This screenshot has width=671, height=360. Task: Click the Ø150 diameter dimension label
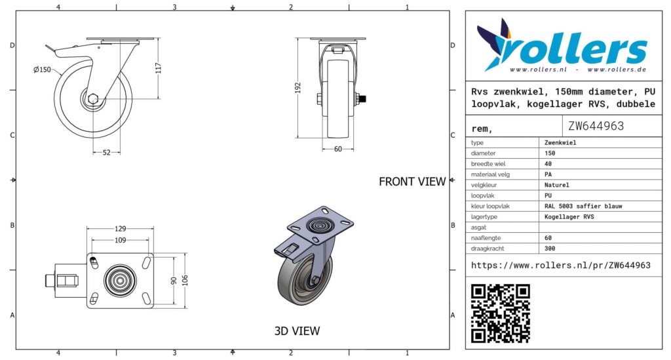[42, 70]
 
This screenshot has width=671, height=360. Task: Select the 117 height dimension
[159, 68]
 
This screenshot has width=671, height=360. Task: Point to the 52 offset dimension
[107, 152]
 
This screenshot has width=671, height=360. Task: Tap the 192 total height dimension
[298, 88]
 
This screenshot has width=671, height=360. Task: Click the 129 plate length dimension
[121, 229]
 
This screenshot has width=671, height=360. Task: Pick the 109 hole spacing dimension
[121, 240]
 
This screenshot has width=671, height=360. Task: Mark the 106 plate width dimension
[185, 281]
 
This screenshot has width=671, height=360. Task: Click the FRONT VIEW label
[412, 182]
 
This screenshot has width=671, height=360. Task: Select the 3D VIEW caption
[297, 331]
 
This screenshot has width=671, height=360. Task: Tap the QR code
[501, 313]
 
